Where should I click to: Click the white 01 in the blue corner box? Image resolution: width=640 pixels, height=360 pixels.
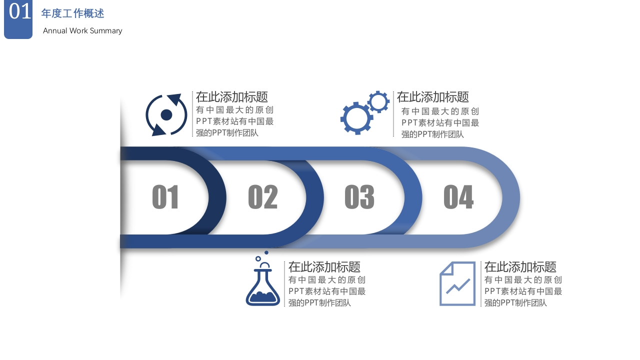click(19, 11)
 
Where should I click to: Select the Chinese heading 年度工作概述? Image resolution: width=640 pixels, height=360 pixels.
click(72, 13)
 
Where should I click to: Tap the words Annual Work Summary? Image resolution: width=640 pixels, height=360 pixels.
click(82, 31)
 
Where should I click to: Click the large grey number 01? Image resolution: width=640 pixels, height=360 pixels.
click(165, 197)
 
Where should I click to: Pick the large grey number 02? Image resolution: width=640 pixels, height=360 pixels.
click(263, 197)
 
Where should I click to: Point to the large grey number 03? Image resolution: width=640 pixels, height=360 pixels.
click(359, 197)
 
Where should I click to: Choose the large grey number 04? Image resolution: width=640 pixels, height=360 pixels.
click(458, 197)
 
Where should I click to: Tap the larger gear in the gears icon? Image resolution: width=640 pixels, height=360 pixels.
click(356, 118)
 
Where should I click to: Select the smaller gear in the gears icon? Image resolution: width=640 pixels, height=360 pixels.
click(378, 101)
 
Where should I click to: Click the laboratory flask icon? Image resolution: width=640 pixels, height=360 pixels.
click(263, 281)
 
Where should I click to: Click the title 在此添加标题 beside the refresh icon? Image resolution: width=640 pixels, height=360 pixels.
click(231, 97)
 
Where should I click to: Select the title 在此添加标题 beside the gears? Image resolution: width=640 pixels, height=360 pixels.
click(432, 97)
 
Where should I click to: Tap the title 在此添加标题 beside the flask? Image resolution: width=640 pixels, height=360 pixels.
click(324, 267)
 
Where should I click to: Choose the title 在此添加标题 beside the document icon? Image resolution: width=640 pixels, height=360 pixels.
click(520, 267)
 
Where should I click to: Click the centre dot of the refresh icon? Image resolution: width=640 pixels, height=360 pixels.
click(166, 115)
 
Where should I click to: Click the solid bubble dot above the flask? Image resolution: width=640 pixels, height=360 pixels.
click(266, 252)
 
